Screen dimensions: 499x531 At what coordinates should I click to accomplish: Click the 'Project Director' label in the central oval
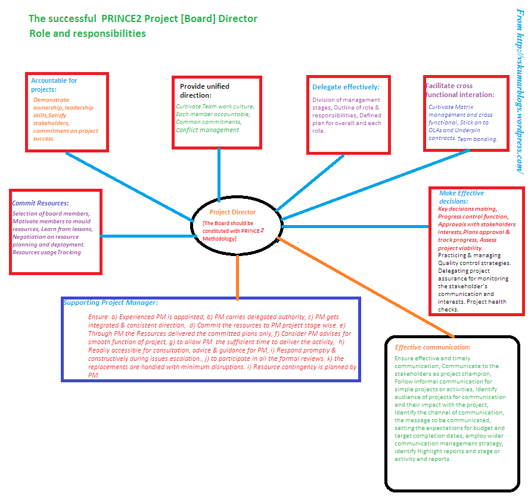[x=232, y=212]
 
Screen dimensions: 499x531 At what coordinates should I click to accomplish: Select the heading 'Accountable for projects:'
[x=54, y=85]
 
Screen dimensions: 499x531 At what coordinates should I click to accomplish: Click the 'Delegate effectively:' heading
[x=346, y=87]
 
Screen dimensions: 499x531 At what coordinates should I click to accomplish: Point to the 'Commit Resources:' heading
[x=41, y=203]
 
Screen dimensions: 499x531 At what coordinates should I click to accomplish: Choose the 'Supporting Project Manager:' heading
[x=110, y=302]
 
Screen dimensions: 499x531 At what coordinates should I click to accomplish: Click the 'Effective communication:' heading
[x=433, y=347]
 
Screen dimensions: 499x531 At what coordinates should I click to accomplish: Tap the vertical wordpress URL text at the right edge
[x=520, y=89]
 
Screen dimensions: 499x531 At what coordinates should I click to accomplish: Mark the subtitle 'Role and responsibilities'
[x=88, y=33]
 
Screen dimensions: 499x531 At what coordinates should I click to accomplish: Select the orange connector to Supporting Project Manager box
[x=237, y=277]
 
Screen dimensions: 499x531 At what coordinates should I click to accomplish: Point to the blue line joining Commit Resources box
[x=146, y=236]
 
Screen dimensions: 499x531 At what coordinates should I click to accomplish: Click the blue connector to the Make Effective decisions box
[x=358, y=226]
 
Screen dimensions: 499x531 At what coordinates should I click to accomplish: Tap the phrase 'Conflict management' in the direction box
[x=207, y=130]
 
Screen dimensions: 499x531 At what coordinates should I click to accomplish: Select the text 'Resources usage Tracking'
[x=46, y=252]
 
